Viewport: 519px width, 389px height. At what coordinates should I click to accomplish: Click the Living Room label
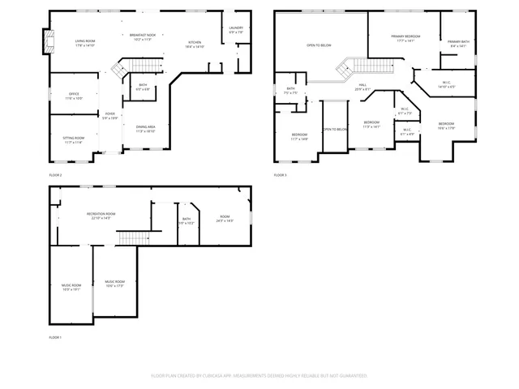[85, 42]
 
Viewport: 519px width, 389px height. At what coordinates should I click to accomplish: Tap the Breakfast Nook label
[142, 36]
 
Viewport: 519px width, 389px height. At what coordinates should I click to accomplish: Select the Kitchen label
[195, 44]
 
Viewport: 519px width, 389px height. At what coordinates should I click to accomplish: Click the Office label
[73, 96]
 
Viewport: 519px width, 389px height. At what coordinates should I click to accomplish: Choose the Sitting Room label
[73, 140]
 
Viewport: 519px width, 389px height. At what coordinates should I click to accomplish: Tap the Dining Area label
[145, 128]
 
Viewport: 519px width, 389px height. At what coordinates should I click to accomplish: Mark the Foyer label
[109, 116]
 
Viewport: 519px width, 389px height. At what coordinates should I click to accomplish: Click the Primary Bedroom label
[405, 38]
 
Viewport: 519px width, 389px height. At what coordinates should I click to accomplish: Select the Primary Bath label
[458, 43]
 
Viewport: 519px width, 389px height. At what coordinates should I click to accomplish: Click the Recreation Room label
[101, 216]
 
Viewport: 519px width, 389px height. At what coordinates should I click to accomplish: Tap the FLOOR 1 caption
[55, 337]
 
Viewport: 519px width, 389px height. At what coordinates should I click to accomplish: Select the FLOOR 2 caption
[55, 175]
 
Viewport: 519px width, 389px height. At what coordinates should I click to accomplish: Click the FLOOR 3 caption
[280, 175]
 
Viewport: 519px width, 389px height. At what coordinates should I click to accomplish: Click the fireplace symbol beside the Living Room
[47, 41]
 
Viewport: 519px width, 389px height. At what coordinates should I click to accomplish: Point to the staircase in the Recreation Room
[134, 237]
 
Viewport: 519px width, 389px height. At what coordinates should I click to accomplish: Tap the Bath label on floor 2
[143, 87]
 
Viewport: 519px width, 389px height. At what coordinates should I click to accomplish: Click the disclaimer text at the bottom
[259, 376]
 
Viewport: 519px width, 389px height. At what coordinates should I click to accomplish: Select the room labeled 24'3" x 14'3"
[225, 218]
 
